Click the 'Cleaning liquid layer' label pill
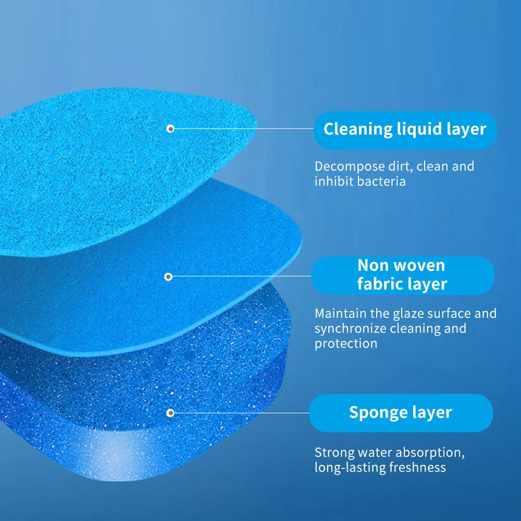click(x=405, y=130)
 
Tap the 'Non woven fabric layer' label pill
click(x=403, y=276)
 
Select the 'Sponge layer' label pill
click(x=401, y=413)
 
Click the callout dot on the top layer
click(x=170, y=129)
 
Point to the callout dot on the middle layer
click(x=168, y=277)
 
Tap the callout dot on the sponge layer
click(x=170, y=413)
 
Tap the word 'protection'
click(x=346, y=344)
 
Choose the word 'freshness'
click(x=417, y=467)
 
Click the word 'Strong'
click(x=334, y=453)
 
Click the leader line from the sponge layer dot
click(x=242, y=413)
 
